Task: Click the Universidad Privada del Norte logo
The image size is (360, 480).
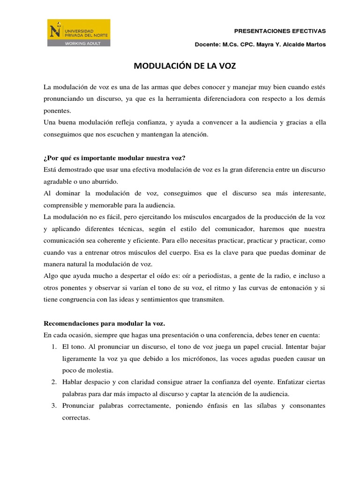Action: point(79,33)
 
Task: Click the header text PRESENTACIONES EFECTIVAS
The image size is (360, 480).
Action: point(279,31)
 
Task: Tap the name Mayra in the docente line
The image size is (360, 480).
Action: point(270,45)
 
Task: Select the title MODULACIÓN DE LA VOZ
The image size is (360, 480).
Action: point(185,66)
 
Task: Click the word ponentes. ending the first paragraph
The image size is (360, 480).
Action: point(57,111)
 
